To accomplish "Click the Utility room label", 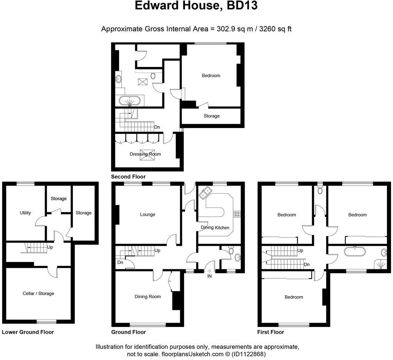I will pos(25,213).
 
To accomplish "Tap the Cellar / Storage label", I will pos(38,293).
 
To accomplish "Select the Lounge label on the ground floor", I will pos(147,215).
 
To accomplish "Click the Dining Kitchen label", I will pos(215,227).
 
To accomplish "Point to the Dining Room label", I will pos(148,297).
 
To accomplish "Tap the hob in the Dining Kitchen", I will pos(237,214).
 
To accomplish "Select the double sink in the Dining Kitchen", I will pos(206,192).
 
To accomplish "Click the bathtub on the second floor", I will pos(130,101).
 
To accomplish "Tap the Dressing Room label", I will pos(145,154).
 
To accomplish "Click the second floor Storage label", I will pos(211,116).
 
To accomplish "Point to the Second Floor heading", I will pos(128,177).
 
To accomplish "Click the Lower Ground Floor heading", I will pos(28,332).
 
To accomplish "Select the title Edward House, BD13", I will pos(196,6).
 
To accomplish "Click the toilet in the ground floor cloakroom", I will pos(231,251).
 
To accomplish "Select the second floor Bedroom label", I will pos(211,76).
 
